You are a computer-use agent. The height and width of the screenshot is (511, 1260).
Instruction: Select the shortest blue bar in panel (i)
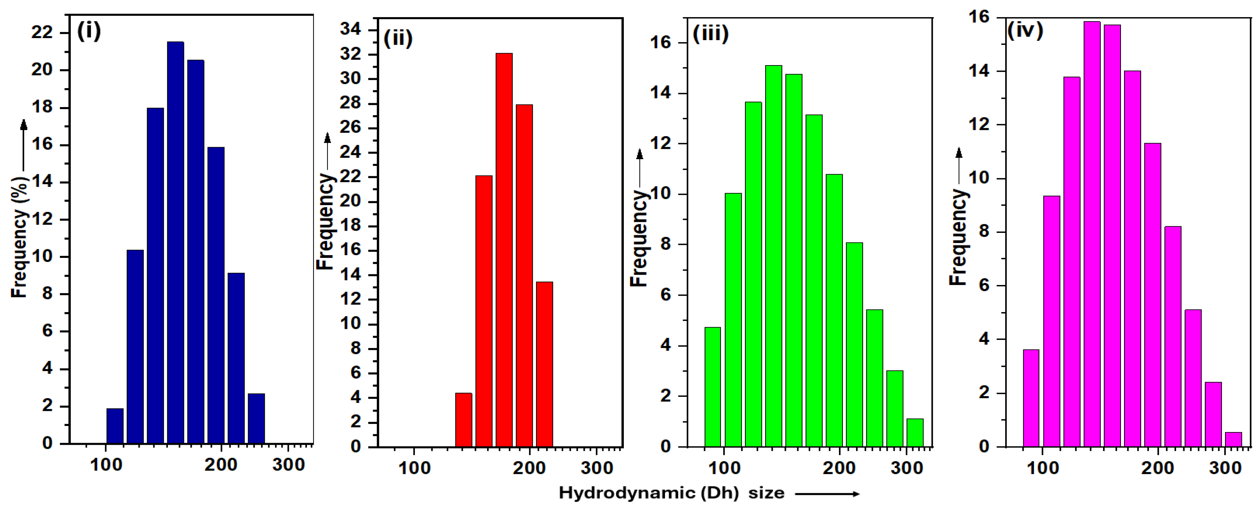115,426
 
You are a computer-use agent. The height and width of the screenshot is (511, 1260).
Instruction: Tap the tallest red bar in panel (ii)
504,250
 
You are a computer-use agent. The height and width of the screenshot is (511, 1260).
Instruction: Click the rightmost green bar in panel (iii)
915,433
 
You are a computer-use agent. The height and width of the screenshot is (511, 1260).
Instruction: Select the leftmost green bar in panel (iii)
712,387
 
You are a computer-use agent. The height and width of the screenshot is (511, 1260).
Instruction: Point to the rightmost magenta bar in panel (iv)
1233,440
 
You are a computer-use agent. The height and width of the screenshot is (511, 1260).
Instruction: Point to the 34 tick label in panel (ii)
351,30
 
